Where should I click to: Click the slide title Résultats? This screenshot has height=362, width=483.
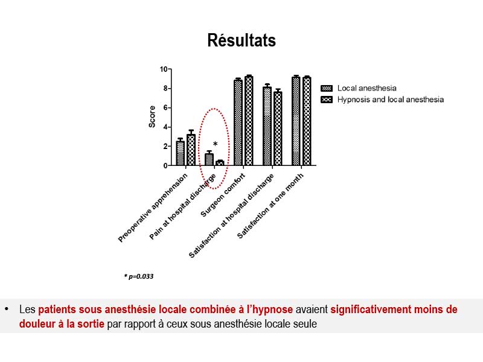(241, 40)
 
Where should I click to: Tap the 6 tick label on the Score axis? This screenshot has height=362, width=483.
(165, 108)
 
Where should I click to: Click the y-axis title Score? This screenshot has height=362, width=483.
(152, 116)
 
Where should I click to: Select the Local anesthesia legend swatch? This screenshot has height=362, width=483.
(327, 88)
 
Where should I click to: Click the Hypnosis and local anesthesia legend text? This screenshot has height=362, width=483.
(391, 100)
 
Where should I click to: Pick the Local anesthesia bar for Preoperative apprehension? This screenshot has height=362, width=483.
(180, 153)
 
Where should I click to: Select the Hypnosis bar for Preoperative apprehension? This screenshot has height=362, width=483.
(191, 150)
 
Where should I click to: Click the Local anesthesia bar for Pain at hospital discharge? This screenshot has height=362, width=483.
(209, 159)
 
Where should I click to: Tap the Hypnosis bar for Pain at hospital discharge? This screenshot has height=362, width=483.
(220, 163)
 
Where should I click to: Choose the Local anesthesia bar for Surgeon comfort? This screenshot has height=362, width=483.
(238, 122)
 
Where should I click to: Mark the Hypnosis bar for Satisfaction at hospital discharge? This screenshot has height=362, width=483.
(278, 129)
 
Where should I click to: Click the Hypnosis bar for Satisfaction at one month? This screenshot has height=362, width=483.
(307, 121)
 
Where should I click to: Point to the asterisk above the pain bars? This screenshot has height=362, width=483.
(216, 144)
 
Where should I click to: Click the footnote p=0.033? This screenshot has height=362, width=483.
(139, 276)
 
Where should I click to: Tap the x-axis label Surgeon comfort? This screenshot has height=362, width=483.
(223, 195)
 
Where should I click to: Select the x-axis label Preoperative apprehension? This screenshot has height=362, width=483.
(153, 208)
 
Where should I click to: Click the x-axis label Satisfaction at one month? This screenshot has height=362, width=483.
(270, 206)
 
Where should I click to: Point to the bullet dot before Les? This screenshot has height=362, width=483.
(7, 309)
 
